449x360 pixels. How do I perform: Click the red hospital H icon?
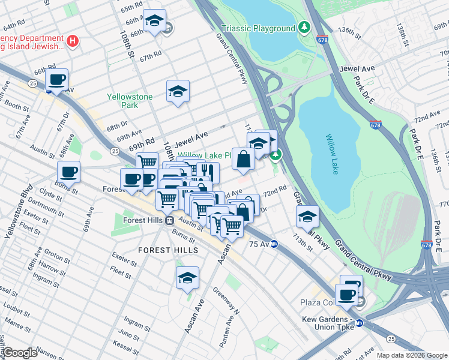pyautogui.click(x=73, y=41)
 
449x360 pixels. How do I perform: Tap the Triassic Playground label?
pyautogui.click(x=258, y=28)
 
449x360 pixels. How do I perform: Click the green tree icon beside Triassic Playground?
pyautogui.click(x=305, y=28)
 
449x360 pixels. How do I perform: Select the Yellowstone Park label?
pyautogui.click(x=130, y=100)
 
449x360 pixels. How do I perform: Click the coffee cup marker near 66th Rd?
pyautogui.click(x=57, y=80)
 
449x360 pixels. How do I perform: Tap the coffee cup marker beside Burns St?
pyautogui.click(x=69, y=172)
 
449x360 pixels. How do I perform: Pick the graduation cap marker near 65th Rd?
pyautogui.click(x=154, y=22)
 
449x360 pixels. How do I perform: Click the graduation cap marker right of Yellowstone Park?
pyautogui.click(x=177, y=91)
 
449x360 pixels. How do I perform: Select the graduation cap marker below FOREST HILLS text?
pyautogui.click(x=187, y=278)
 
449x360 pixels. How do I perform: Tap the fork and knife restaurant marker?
pyautogui.click(x=208, y=172)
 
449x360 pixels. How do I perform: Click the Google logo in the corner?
pyautogui.click(x=20, y=353)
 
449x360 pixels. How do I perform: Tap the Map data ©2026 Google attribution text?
pyautogui.click(x=412, y=355)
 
